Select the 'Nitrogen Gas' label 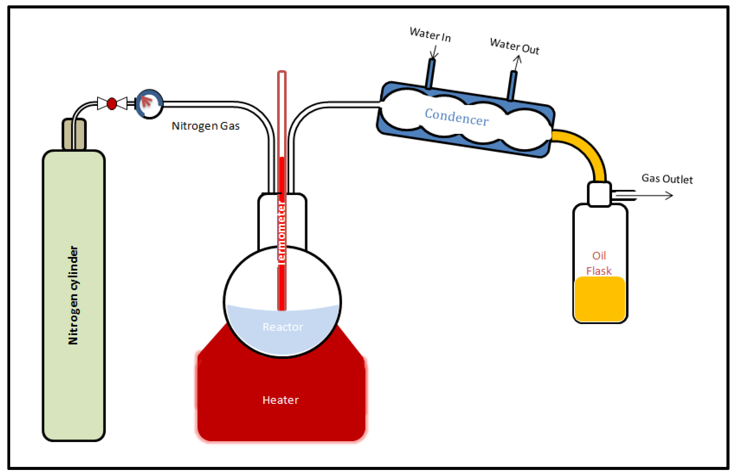[x=206, y=126]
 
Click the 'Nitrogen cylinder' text [x=73, y=295]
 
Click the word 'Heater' [x=281, y=400]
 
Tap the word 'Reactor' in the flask [x=283, y=327]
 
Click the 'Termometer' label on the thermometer [x=281, y=233]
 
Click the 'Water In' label [x=430, y=34]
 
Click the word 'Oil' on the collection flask [x=599, y=256]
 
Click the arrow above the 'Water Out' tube [x=517, y=62]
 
